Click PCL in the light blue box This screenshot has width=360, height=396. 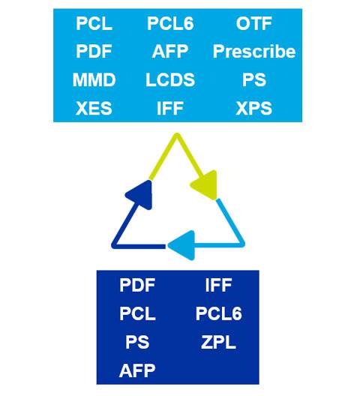[x=94, y=23]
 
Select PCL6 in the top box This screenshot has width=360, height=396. [x=170, y=23]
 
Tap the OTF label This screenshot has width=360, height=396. [x=254, y=23]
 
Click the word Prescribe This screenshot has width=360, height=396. [x=254, y=52]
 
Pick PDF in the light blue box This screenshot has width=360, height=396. [x=94, y=52]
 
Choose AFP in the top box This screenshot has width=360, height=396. [x=170, y=52]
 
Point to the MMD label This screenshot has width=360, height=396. [x=94, y=79]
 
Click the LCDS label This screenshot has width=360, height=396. [x=170, y=79]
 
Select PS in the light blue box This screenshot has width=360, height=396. [x=254, y=79]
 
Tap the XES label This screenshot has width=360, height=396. [x=94, y=108]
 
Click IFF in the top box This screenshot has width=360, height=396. [x=170, y=108]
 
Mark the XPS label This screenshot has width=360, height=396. [x=254, y=108]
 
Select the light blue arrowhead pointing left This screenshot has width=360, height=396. [x=183, y=245]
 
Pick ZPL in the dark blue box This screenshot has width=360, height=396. [x=218, y=343]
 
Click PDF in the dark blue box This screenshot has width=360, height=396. [x=137, y=286]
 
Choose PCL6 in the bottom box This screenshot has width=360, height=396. [x=219, y=313]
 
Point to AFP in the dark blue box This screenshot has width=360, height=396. [x=137, y=370]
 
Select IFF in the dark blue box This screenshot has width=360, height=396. [x=218, y=286]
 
